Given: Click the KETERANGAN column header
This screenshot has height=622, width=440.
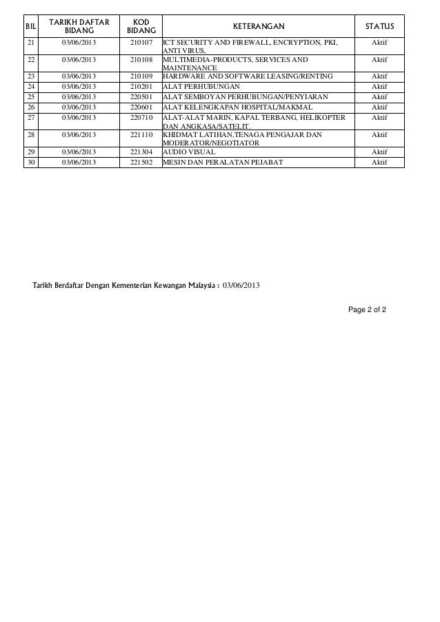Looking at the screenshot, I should tap(257, 25).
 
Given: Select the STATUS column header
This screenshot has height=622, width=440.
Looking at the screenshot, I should tap(379, 25).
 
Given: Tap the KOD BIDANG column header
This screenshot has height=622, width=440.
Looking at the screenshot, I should tap(141, 25).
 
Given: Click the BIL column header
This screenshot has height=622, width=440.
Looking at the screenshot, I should tap(30, 25).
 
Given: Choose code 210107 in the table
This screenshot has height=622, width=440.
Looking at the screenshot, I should tap(141, 43).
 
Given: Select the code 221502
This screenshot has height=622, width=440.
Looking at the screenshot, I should tap(141, 162).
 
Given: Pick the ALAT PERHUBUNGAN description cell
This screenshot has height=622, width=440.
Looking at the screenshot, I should tap(201, 87).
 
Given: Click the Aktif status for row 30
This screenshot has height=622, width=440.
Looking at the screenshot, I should tap(379, 162).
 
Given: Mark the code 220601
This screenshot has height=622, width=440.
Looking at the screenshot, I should tap(141, 107).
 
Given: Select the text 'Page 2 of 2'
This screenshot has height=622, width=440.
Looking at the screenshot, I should tap(368, 309).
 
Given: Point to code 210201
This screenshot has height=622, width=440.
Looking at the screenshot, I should tap(141, 87).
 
